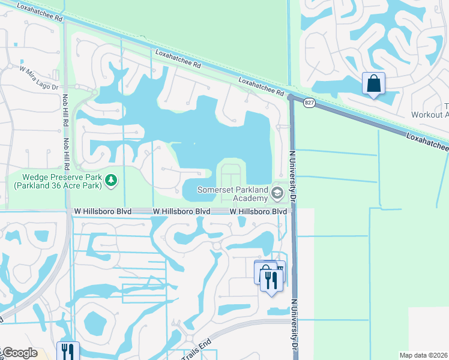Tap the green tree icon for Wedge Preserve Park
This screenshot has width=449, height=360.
[x=110, y=179]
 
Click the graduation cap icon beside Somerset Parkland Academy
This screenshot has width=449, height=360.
[x=277, y=193]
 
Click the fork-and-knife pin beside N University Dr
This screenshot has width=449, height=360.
[x=271, y=279]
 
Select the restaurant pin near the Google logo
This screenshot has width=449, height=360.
[x=68, y=351]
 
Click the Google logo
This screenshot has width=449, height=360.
[x=19, y=353]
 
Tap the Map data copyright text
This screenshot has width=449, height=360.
[x=424, y=355]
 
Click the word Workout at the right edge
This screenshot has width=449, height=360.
[x=430, y=115]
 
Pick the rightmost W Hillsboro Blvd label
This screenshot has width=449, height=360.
[x=258, y=212]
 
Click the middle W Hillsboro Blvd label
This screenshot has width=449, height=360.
[x=181, y=212]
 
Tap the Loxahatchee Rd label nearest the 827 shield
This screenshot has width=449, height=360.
[x=261, y=86]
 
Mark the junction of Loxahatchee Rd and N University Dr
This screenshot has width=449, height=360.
[x=291, y=97]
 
